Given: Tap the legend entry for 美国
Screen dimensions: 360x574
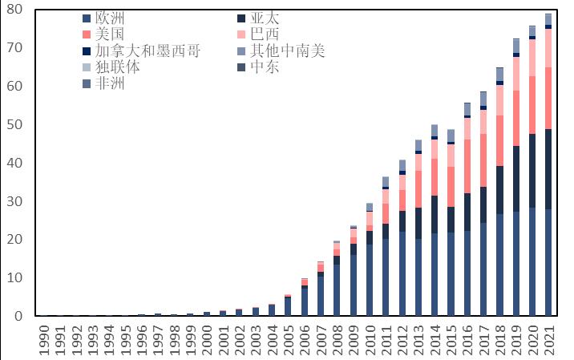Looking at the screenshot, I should tap(109, 34).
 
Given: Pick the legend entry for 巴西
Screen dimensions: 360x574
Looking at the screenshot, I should tap(265, 34).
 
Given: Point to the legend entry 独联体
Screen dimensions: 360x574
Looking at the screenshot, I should tap(117, 67).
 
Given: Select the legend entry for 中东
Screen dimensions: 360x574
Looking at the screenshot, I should tap(265, 67).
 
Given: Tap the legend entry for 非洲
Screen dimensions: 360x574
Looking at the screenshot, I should tap(109, 83).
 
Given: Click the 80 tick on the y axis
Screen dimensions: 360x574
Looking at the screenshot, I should tap(16, 10).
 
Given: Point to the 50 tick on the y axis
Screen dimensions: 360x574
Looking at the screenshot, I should tap(16, 125).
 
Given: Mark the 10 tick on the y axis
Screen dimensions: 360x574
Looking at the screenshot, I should tap(16, 278).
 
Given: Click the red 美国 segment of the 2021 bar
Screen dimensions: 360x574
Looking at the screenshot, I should tap(548, 98).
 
